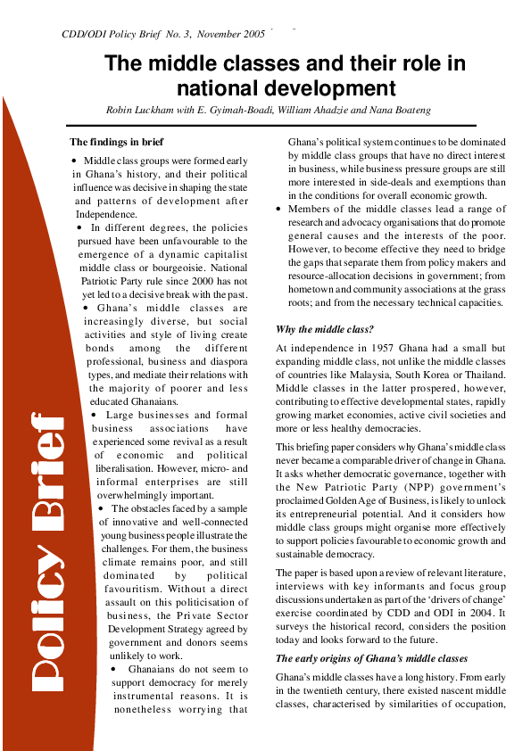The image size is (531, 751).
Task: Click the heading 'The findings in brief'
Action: click(117, 142)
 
